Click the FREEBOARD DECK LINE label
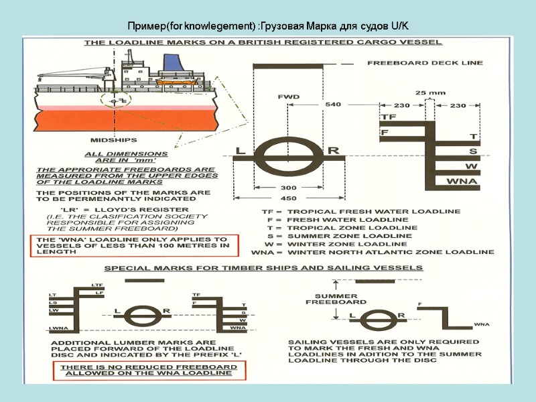(x=424, y=63)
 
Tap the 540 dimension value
(x=332, y=105)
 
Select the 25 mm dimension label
(x=430, y=92)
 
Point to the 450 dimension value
(x=287, y=198)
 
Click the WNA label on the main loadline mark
(x=461, y=181)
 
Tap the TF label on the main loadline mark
(x=389, y=117)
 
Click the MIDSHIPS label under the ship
(x=114, y=140)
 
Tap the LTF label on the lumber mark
(x=96, y=286)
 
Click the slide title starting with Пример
(x=268, y=26)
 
